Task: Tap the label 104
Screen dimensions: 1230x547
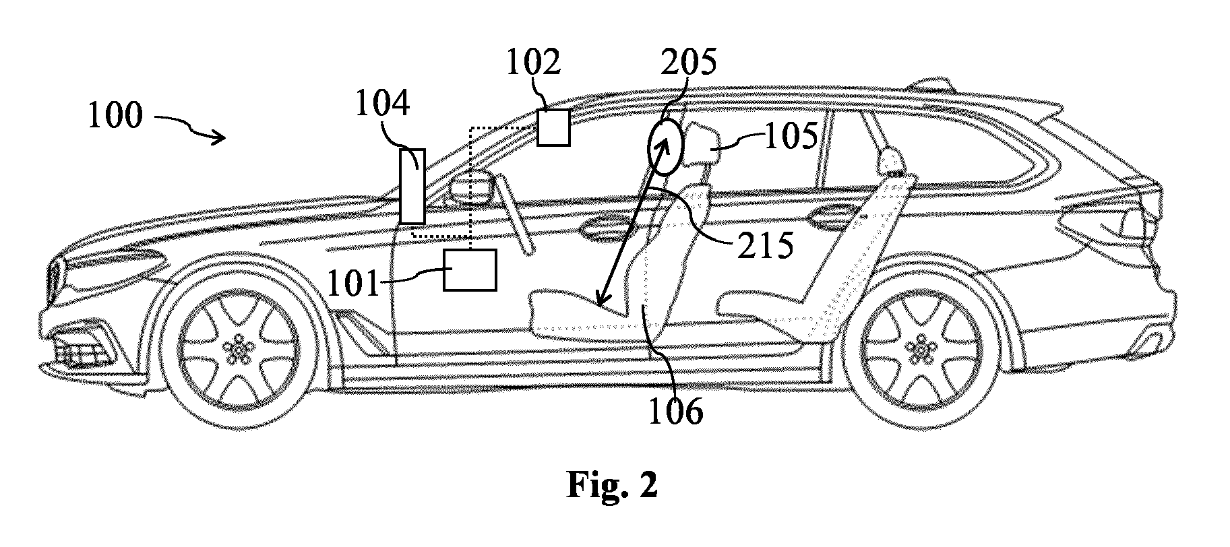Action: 383,105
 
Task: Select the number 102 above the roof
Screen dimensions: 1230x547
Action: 533,63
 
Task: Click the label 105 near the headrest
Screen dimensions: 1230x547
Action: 791,137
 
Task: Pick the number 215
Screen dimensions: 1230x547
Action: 764,247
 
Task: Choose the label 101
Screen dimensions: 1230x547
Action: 355,284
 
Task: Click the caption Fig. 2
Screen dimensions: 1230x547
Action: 612,485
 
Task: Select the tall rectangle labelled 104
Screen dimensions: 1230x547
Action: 412,186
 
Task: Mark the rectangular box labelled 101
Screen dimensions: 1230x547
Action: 470,270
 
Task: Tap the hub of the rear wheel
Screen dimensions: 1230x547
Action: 919,348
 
